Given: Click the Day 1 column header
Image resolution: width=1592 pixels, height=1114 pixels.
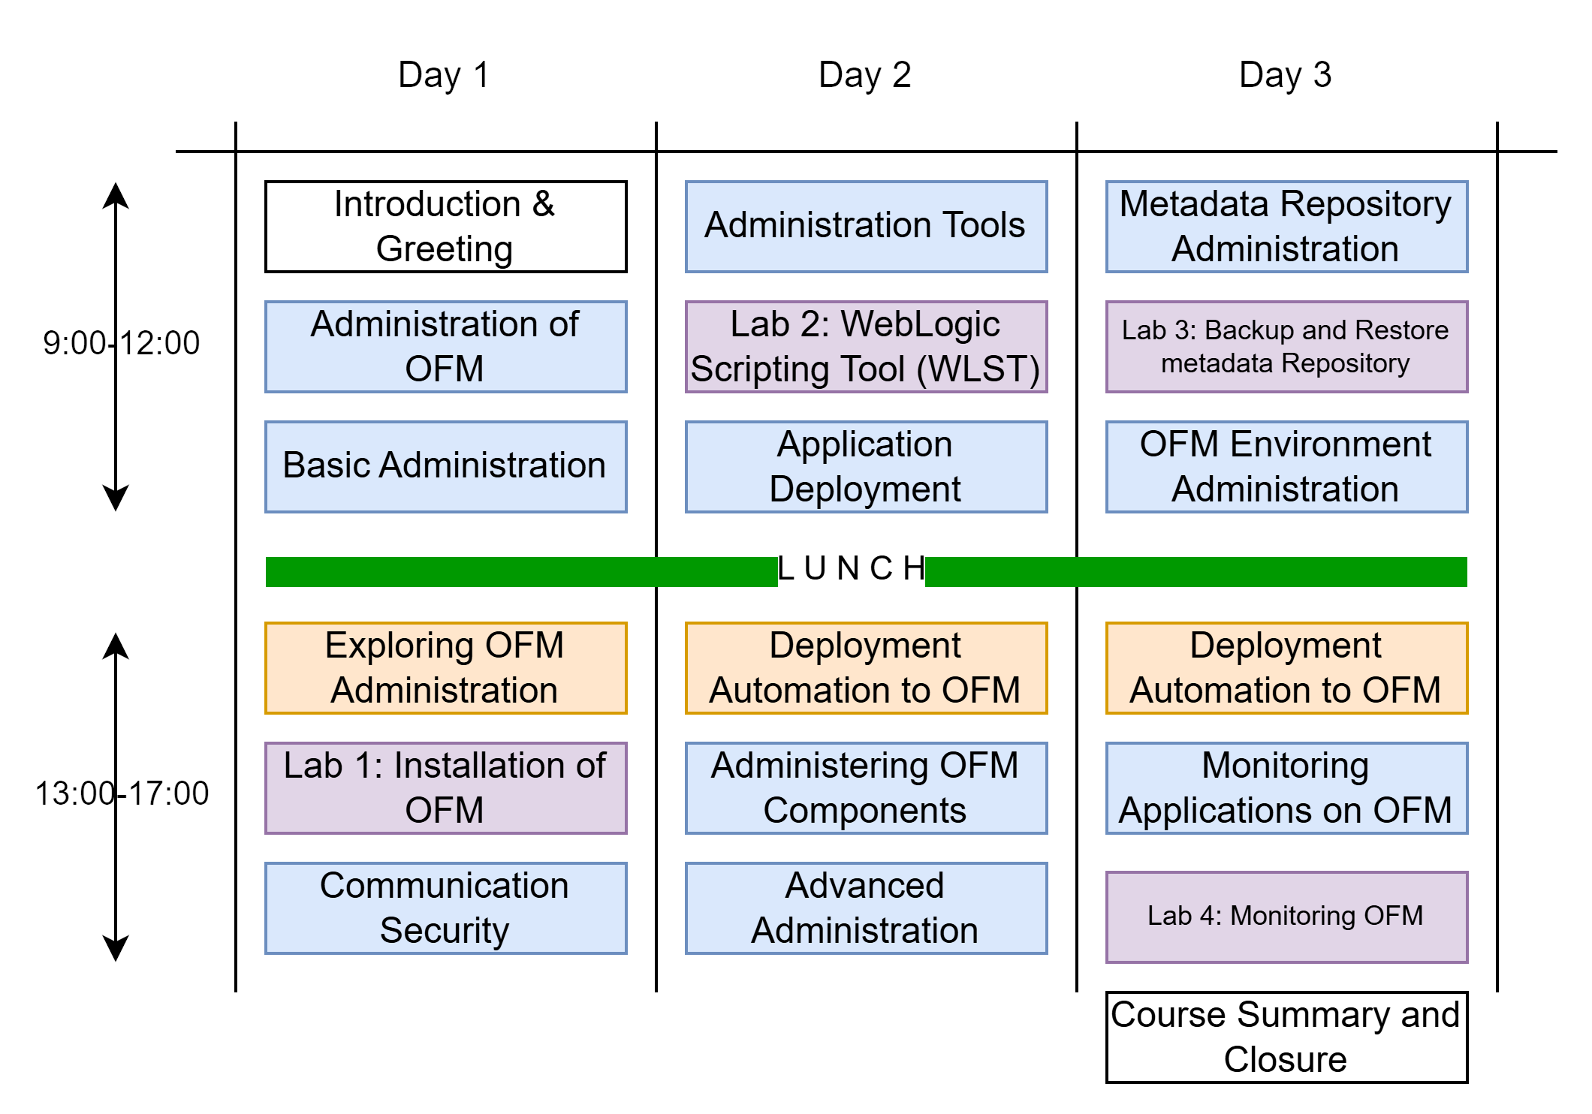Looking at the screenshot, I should tap(444, 75).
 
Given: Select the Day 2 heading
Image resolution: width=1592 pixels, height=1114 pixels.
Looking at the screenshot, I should tap(864, 75).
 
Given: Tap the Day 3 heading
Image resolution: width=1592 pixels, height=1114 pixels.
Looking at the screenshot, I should tap(1285, 75).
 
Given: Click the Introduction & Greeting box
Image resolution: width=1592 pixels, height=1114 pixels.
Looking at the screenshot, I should tap(445, 226).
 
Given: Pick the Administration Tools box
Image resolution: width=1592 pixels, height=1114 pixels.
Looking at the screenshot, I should tap(866, 226).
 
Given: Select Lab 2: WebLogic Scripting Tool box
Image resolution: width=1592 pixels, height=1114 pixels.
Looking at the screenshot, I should tap(866, 346).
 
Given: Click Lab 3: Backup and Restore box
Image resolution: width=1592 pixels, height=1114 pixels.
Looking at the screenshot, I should tap(1286, 346).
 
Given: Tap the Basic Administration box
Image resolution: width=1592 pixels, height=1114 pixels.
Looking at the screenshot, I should tap(445, 466).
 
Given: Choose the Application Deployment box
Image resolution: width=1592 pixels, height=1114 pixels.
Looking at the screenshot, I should tap(866, 466).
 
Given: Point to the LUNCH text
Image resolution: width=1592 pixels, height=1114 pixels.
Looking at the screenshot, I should tap(852, 569).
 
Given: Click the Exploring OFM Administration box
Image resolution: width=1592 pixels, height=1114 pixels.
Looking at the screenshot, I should tap(445, 667).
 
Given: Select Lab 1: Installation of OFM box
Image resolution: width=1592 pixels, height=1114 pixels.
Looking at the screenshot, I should tap(445, 787).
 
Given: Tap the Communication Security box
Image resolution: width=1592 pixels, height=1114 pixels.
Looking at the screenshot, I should tap(445, 908).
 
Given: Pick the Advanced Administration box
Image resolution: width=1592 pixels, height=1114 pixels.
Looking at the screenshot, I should tap(866, 908).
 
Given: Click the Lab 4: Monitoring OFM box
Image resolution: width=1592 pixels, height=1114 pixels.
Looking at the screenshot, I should tap(1286, 917).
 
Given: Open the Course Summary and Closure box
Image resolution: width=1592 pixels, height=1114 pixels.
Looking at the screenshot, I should tap(1286, 1037).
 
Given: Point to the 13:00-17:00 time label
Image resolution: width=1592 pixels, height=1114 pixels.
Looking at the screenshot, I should tap(122, 793).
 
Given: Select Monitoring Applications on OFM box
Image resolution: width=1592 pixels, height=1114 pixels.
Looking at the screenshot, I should tap(1286, 787).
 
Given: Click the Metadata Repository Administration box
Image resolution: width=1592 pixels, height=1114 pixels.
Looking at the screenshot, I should tap(1286, 226).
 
